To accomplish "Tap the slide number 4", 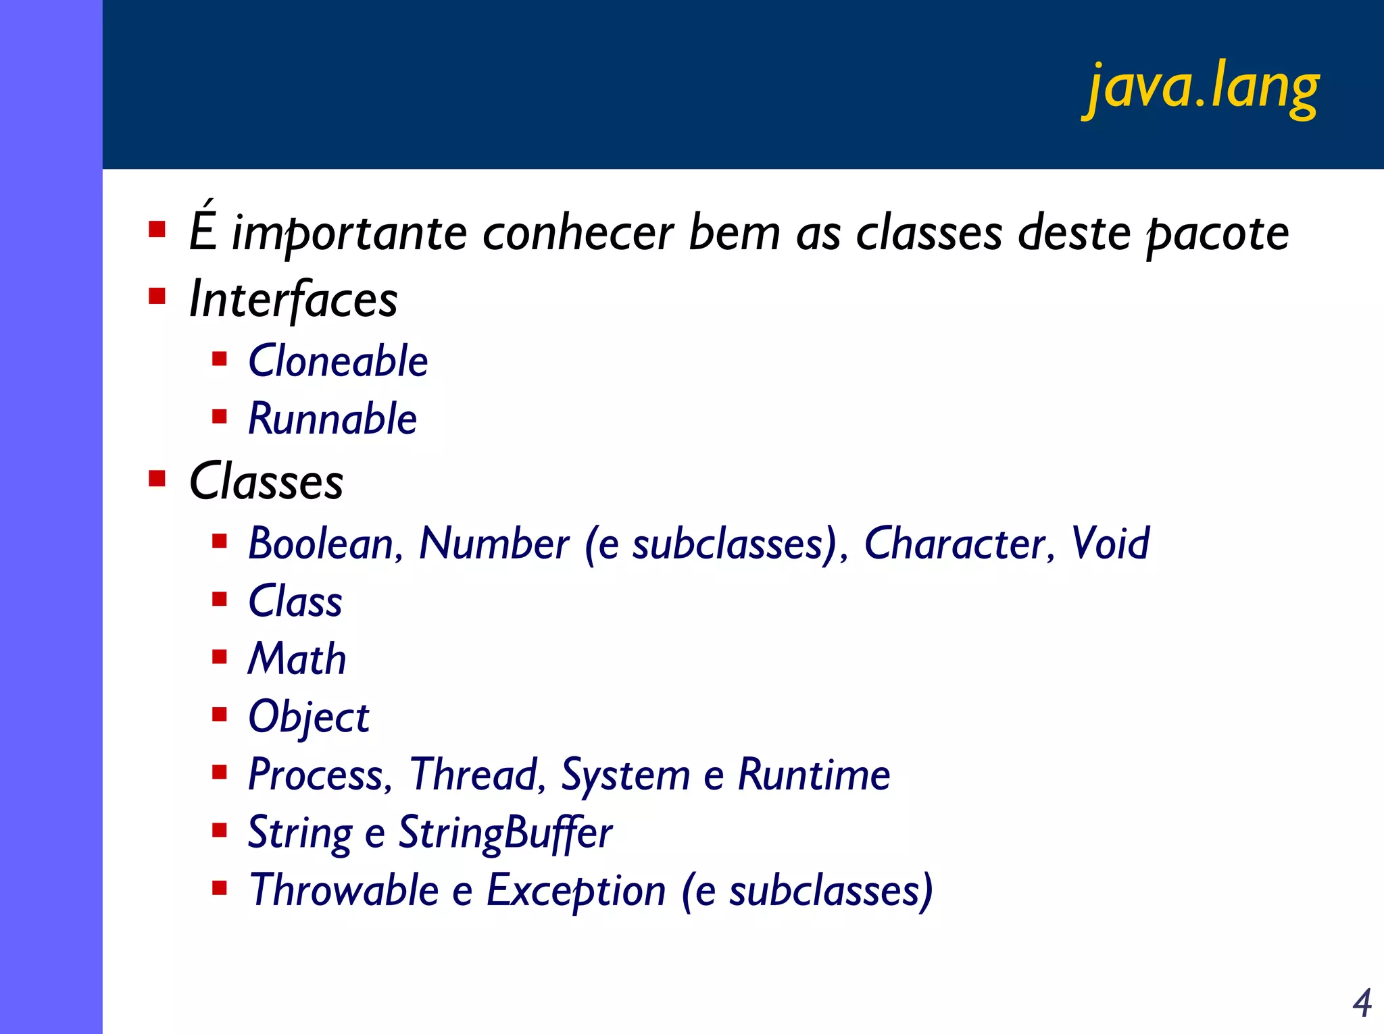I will point(1362,1003).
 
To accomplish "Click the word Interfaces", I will point(293,299).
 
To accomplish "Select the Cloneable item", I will point(338,361).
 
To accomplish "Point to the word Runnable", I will point(332,419).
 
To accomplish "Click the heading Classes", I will point(266,482).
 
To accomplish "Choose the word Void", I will point(1110,544).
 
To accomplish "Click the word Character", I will point(954,544).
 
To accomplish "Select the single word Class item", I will point(295,601).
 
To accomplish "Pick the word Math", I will point(297,659).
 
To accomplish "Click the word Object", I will point(308,717).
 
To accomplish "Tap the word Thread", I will point(473,775).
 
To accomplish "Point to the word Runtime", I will point(814,775).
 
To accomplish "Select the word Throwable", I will point(344,890).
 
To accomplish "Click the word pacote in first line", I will point(1218,234).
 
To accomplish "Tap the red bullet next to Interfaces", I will point(157,296).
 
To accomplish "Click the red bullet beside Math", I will point(219,657).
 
